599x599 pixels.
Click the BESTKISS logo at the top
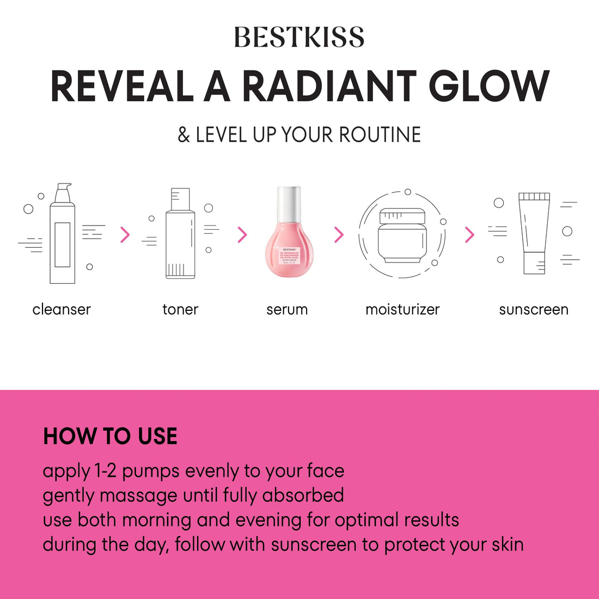(x=299, y=37)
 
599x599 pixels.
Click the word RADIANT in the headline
(x=328, y=87)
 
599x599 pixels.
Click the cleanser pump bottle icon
(x=62, y=234)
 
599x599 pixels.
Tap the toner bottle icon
(x=180, y=234)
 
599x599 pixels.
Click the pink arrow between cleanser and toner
(x=125, y=235)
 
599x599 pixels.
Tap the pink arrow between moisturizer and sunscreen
(x=469, y=235)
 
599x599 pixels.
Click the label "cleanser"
(x=62, y=309)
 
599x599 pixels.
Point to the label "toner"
(x=180, y=309)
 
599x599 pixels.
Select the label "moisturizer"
(x=402, y=309)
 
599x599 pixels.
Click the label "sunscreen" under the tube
(x=534, y=309)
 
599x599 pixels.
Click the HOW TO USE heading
(x=110, y=436)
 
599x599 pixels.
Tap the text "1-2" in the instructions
(x=106, y=471)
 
